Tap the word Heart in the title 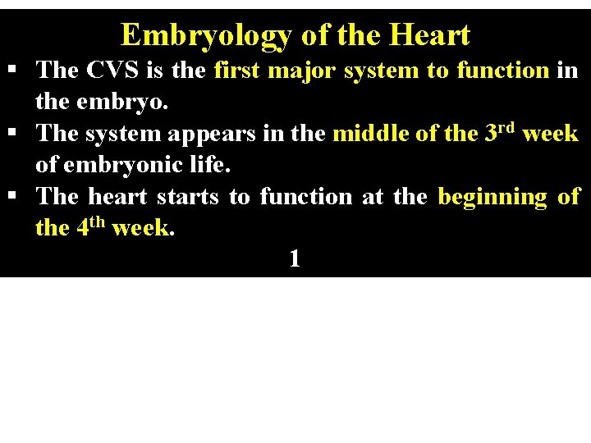430,35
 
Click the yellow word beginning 492,197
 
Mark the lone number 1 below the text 295,259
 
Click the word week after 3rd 550,133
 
